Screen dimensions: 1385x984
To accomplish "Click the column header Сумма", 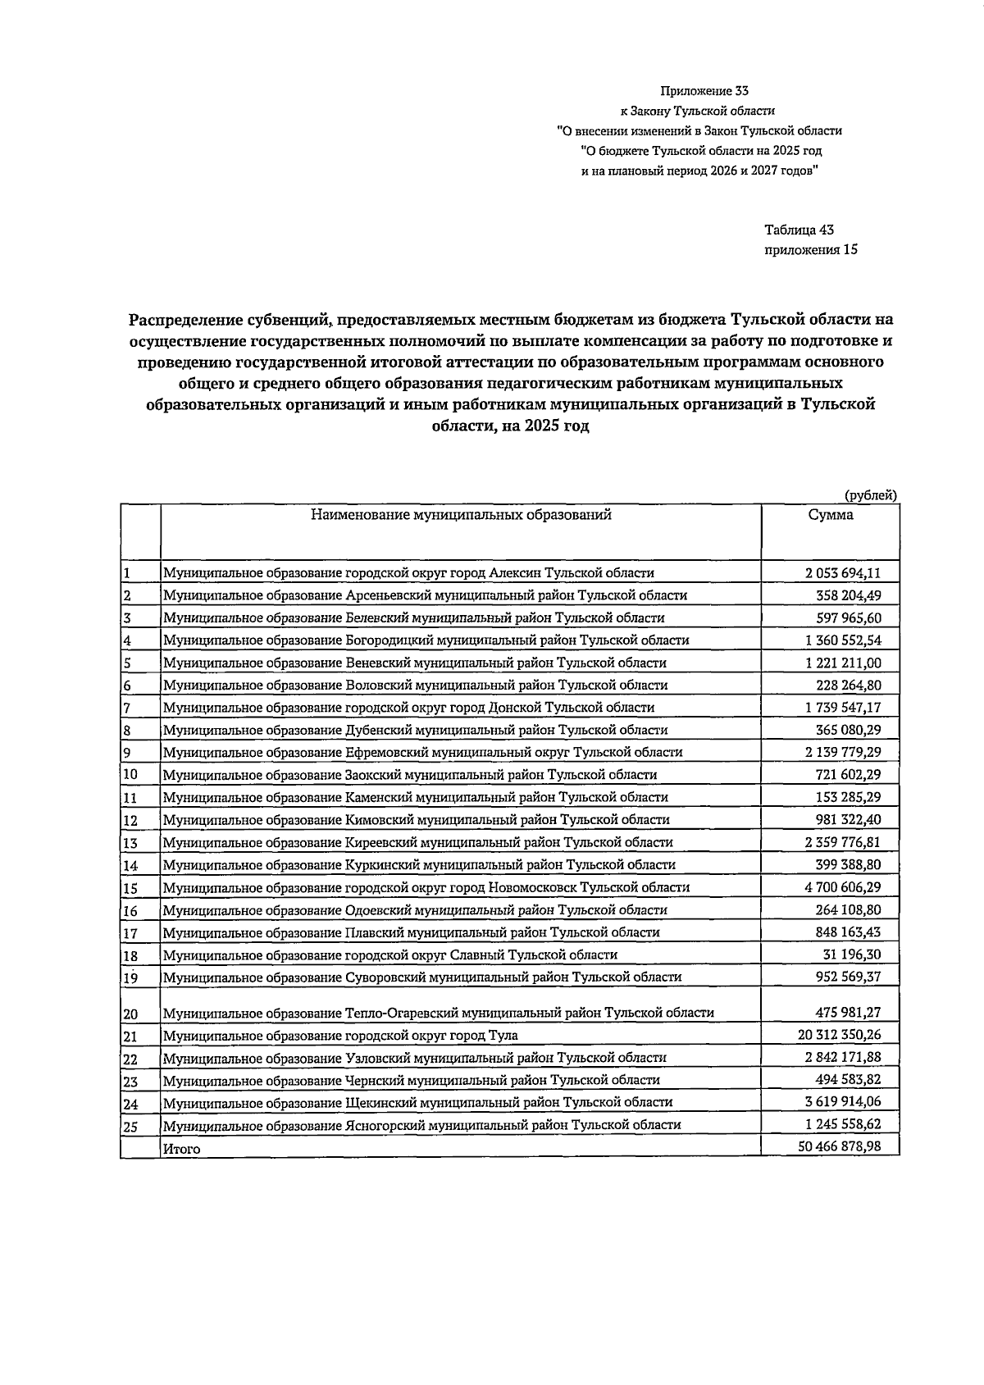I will point(830,515).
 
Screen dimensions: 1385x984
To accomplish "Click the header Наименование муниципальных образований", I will point(461,515).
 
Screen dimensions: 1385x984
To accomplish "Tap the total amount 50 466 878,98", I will point(839,1146).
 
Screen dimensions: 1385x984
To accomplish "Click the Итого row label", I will point(181,1149).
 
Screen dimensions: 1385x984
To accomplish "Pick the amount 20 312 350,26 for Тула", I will point(839,1035).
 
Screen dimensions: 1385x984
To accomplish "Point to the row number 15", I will point(130,888).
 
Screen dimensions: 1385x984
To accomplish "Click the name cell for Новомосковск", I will point(426,887).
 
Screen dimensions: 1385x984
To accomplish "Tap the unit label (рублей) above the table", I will point(870,495).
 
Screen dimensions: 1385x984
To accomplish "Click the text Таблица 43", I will point(799,230).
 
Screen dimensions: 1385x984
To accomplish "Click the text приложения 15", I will point(810,250).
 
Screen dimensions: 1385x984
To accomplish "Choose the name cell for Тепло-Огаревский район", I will point(438,1013).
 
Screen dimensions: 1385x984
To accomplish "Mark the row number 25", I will point(130,1127).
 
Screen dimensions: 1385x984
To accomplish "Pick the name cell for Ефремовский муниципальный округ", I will point(422,752).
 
